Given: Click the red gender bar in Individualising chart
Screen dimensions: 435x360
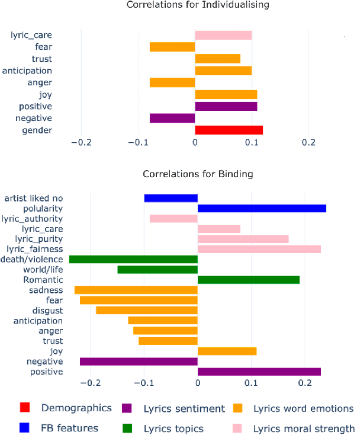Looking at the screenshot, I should pos(229,130).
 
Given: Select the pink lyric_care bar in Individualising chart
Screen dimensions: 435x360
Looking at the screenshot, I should pos(223,36).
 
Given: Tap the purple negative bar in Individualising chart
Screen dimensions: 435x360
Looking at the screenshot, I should pos(172,119).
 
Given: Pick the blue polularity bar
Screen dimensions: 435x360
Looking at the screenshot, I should pos(262,209).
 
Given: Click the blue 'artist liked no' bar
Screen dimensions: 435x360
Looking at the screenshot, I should pos(171,198).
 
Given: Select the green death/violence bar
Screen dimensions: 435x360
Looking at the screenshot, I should pos(133,259).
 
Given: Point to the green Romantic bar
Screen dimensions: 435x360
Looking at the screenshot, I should pos(248,280).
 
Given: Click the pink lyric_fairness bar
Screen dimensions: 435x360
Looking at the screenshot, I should pos(259,249).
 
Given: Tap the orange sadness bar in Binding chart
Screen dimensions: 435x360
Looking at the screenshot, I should pos(136,290).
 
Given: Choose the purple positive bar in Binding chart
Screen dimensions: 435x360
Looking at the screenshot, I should pos(259,372).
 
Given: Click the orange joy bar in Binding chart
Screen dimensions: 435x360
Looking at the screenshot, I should pos(227,351).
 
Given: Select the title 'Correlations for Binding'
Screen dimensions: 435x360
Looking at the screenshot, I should pos(198,174).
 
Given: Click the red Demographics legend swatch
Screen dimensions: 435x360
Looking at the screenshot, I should pos(25,408).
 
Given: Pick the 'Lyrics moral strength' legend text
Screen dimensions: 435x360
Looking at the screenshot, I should pos(304,428).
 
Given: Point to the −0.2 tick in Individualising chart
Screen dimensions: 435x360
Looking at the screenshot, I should pos(81,142).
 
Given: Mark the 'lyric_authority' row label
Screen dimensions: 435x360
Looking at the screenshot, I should pos(37,219).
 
